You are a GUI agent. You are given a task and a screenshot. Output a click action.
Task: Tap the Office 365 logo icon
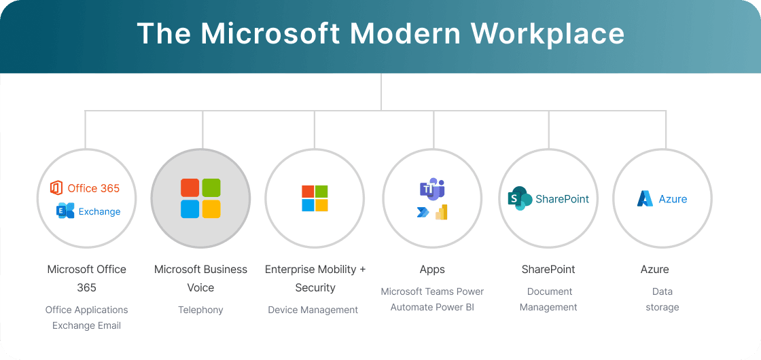(x=56, y=188)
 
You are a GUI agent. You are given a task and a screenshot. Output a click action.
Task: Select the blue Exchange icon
(x=65, y=211)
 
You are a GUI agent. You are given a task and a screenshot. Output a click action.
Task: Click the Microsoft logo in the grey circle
(x=200, y=198)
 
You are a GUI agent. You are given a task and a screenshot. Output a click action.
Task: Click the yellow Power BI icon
(x=441, y=212)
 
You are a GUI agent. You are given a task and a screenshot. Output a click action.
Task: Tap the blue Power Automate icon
(x=423, y=213)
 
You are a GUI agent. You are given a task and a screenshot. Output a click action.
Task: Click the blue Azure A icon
(x=645, y=198)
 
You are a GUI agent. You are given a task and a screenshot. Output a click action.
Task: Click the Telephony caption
(x=200, y=310)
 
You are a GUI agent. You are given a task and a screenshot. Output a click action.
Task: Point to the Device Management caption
(x=313, y=310)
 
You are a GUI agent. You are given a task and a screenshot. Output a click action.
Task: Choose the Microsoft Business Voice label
(x=200, y=278)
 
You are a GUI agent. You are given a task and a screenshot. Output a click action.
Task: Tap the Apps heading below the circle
(x=432, y=270)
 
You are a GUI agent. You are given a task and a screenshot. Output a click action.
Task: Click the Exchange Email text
(x=86, y=325)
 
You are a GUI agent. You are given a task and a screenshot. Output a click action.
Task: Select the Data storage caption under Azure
(x=662, y=299)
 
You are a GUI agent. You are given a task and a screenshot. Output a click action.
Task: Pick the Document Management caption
(x=549, y=299)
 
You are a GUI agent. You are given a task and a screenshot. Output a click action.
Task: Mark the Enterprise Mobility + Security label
(x=315, y=278)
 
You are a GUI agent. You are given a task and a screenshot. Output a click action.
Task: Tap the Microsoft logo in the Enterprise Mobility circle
(x=315, y=198)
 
